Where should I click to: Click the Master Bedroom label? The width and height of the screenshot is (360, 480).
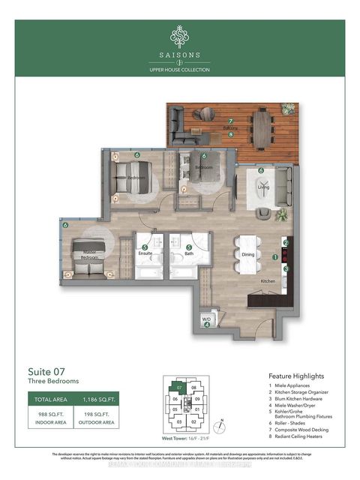click(x=89, y=255)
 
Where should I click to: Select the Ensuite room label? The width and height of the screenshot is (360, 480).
click(x=145, y=253)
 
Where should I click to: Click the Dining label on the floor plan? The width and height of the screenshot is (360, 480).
click(x=249, y=254)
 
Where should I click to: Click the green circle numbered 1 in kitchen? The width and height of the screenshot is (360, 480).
click(x=275, y=257)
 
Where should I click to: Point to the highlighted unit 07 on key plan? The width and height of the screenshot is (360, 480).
click(x=179, y=388)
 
